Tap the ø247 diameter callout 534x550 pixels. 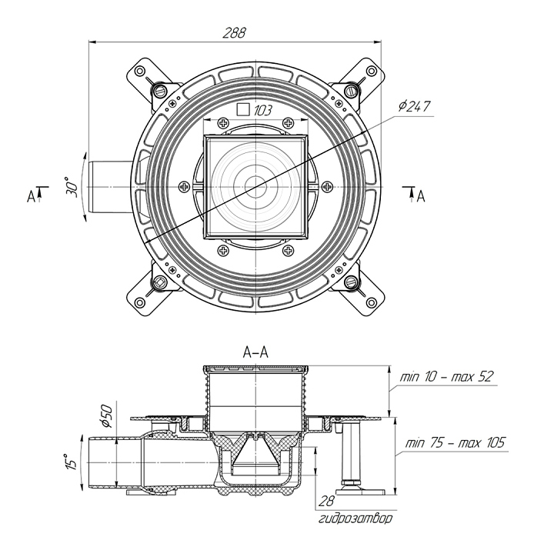tap(416, 106)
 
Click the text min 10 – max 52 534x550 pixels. tap(446, 378)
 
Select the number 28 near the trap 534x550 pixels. tap(326, 502)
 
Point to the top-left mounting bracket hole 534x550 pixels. tap(140, 71)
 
